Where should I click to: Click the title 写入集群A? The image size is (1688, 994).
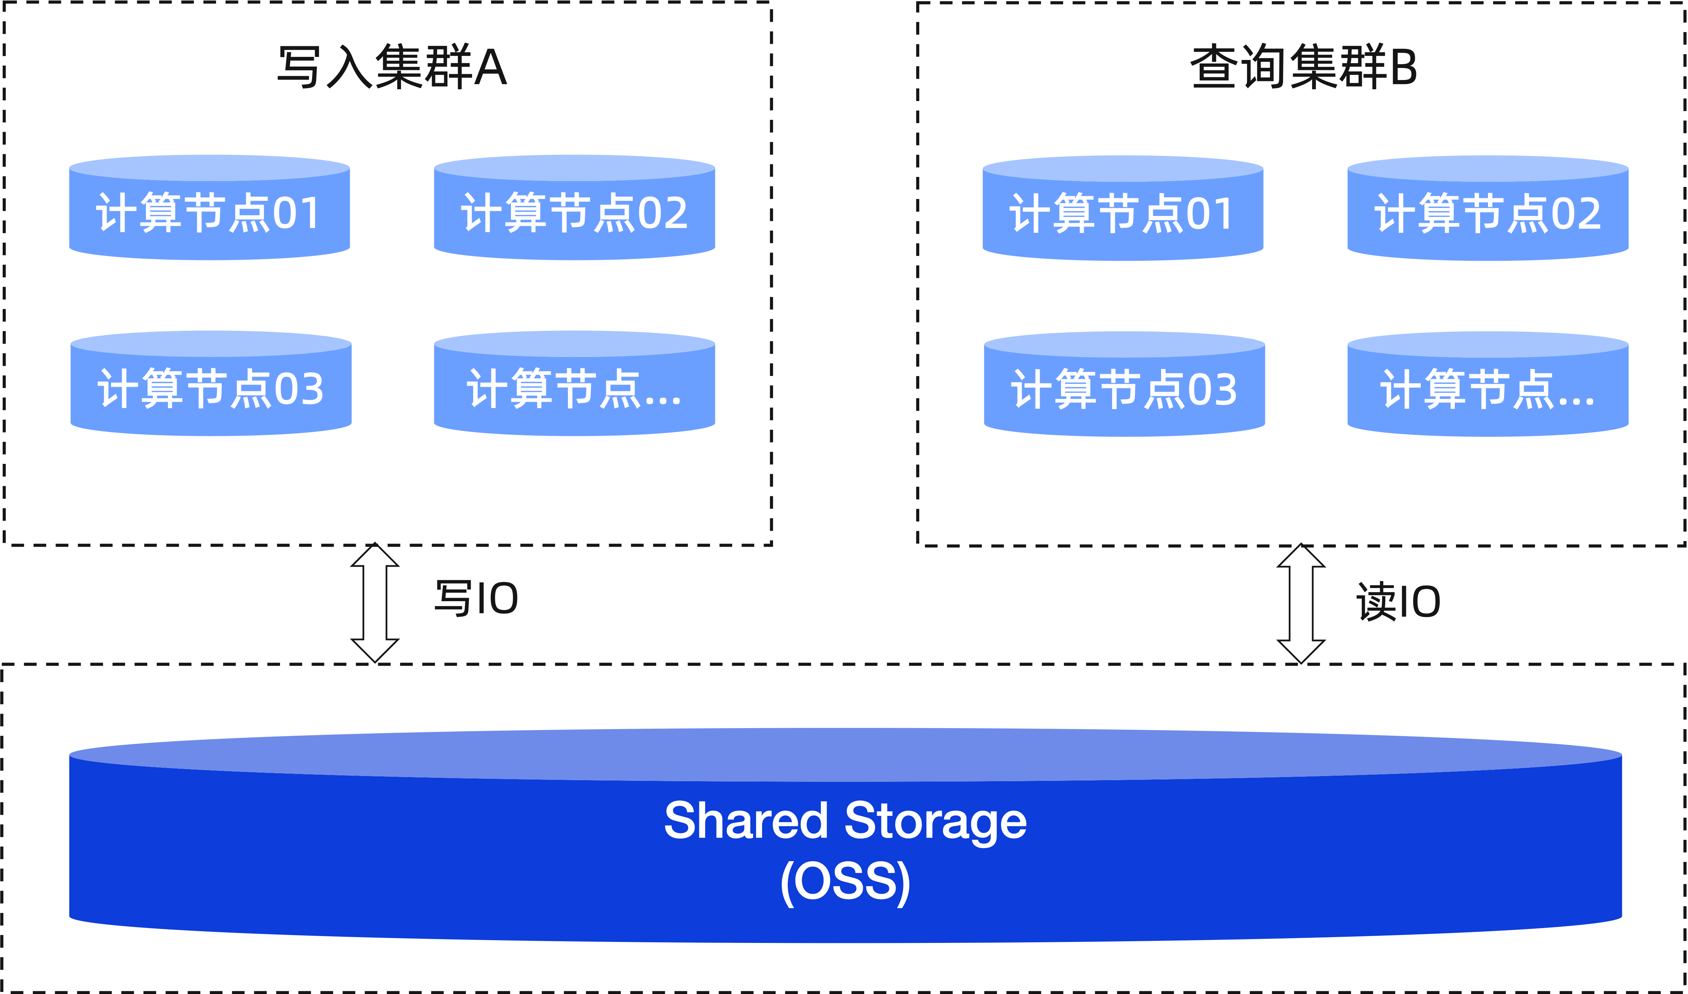(392, 67)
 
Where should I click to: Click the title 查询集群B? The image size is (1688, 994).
(1303, 67)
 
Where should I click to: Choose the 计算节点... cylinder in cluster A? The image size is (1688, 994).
(574, 388)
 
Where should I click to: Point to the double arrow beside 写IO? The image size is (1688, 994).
(375, 603)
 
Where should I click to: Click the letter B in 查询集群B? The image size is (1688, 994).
(1403, 67)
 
